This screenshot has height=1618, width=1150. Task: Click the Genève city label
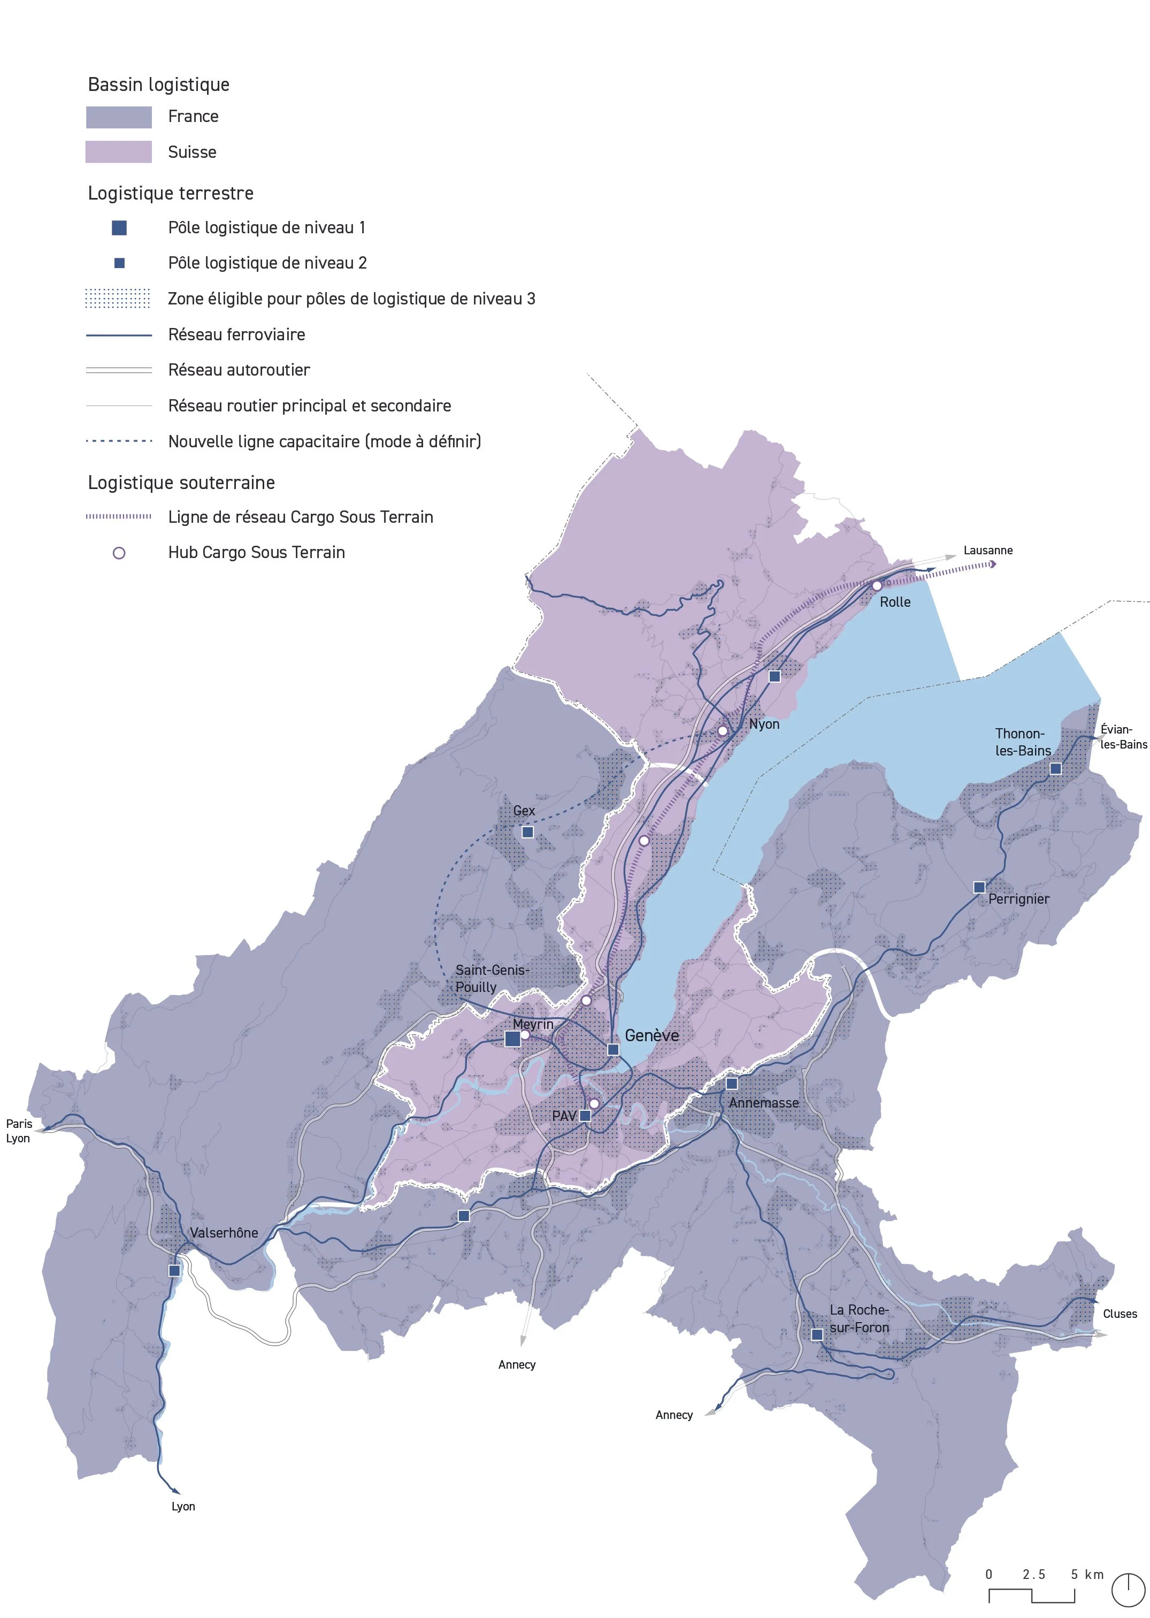(x=651, y=1036)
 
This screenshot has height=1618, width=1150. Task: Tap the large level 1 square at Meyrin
(x=512, y=1039)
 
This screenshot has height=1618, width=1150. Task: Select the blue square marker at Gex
(x=527, y=833)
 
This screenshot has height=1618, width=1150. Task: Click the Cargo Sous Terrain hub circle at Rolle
(x=877, y=586)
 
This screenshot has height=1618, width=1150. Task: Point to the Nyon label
(x=764, y=724)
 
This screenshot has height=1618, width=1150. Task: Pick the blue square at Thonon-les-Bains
(x=1055, y=769)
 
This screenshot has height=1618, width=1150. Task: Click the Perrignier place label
(x=1019, y=899)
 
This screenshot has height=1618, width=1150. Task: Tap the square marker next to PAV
(x=585, y=1116)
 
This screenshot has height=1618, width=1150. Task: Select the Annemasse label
(x=763, y=1103)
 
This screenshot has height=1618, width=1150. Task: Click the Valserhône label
(x=224, y=1233)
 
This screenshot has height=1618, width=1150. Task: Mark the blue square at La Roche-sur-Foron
(x=816, y=1334)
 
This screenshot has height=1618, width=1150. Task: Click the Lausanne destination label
(x=988, y=551)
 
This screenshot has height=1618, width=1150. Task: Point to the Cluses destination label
(x=1120, y=1314)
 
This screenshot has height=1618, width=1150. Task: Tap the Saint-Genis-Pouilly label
(x=492, y=978)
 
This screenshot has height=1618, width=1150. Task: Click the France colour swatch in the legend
(x=119, y=117)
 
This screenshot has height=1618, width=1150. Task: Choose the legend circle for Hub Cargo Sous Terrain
(x=119, y=553)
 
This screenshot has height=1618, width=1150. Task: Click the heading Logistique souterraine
(x=181, y=483)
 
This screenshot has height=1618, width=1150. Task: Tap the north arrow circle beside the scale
(x=1128, y=1590)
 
